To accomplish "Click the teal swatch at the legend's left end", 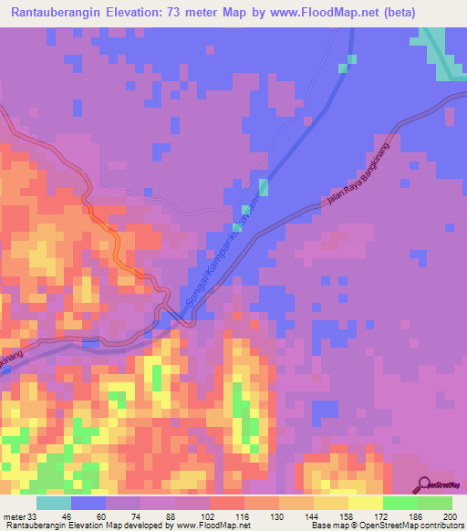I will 54,503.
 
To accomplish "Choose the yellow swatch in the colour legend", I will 365,503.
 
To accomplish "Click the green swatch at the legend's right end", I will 434,503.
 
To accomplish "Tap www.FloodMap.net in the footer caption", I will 213,526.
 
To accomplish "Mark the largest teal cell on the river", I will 264,187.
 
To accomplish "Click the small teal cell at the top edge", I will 343,68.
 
